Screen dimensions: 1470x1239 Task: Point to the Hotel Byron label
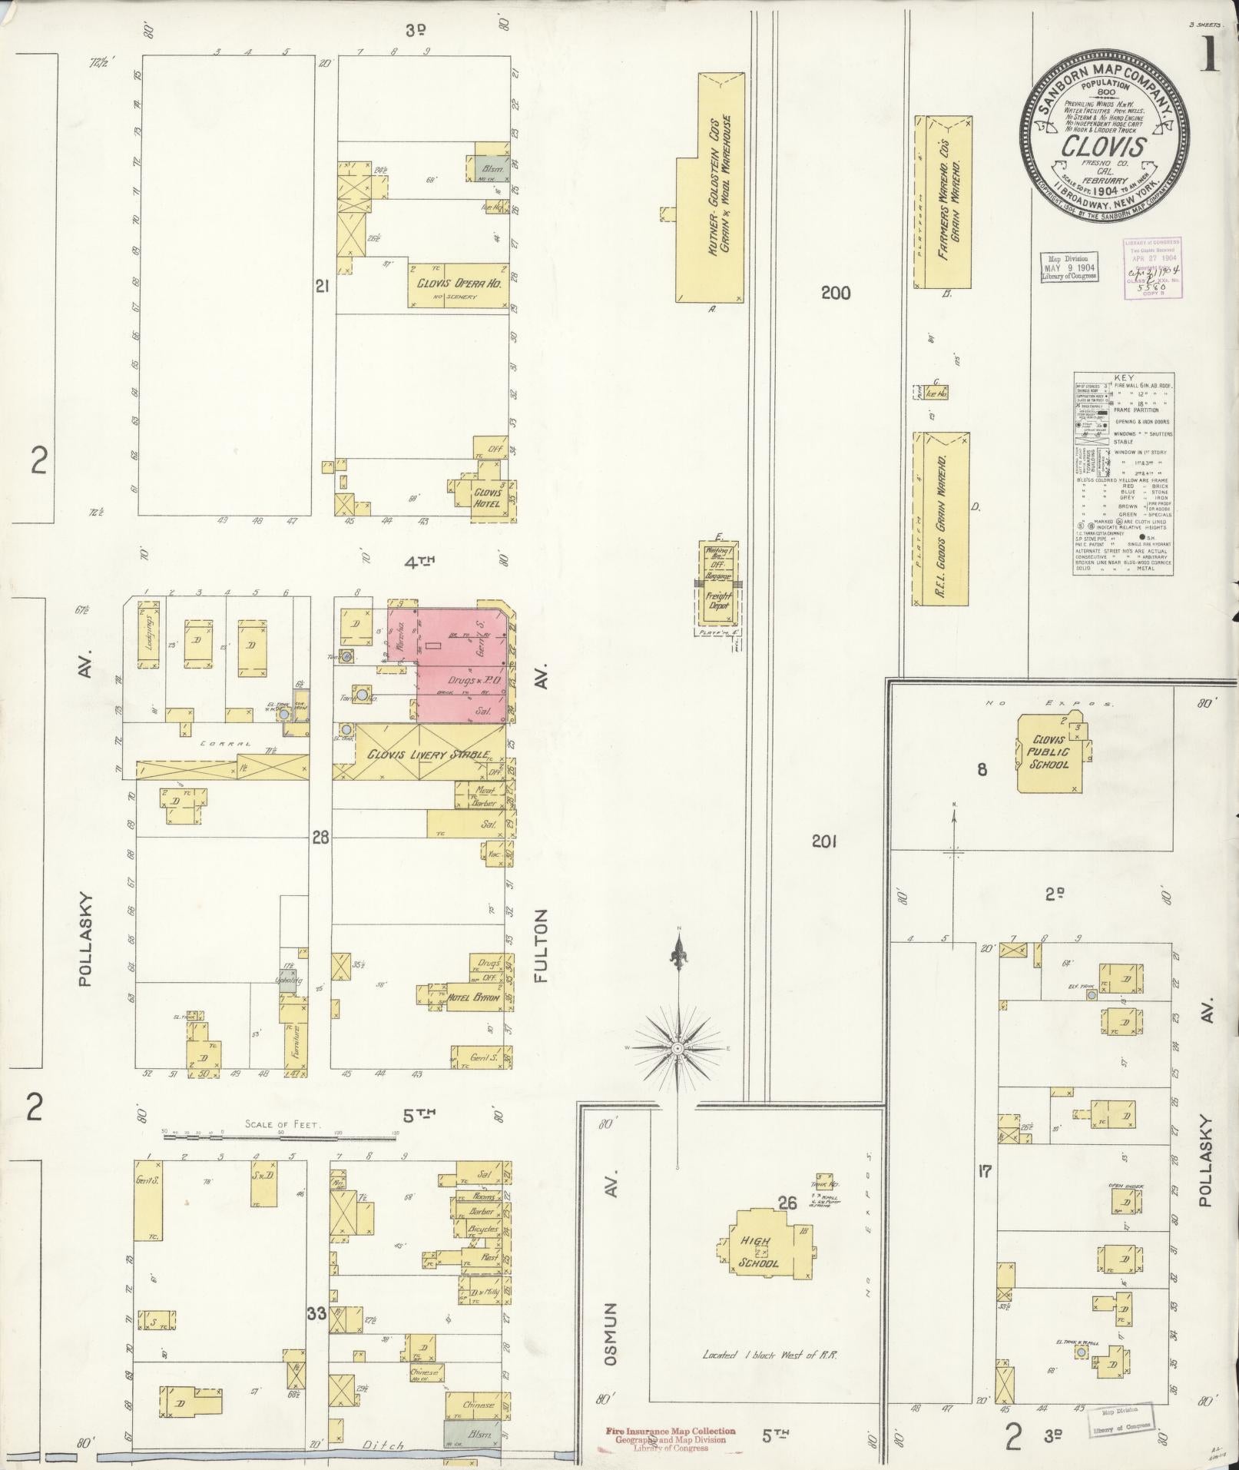[x=474, y=997]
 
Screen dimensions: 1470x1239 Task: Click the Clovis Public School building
[x=1049, y=753]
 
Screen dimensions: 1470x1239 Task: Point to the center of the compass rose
[x=678, y=1047]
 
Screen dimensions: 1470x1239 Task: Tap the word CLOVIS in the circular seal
[x=1105, y=145]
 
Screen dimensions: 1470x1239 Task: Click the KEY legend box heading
[x=1122, y=377]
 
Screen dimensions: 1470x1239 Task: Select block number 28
[x=320, y=837]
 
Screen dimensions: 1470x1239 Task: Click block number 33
[x=316, y=1312]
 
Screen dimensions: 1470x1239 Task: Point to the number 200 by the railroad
[x=835, y=292]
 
